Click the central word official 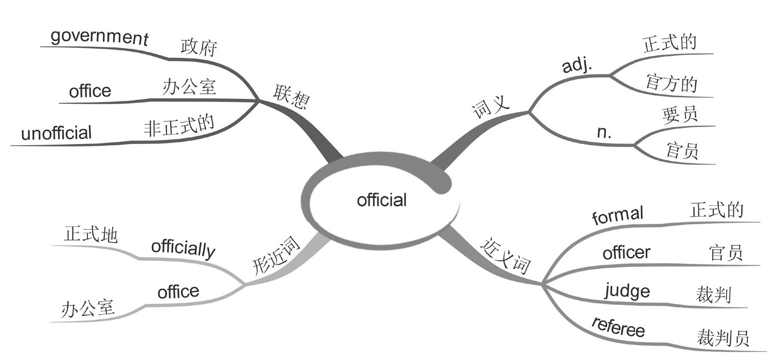pos(382,200)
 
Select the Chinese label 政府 pos(199,48)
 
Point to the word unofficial pos(56,134)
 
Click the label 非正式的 pos(178,124)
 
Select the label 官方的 pos(671,83)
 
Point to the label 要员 pos(680,115)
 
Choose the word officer pos(626,253)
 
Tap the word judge pos(627,292)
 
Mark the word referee pos(618,328)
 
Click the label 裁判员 pos(722,338)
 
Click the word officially pos(183,249)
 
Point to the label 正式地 pos(91,235)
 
